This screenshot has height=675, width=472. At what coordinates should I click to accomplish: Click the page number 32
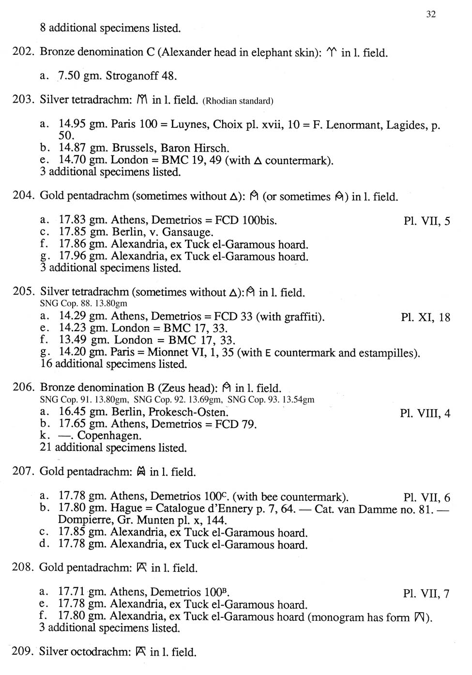click(x=431, y=14)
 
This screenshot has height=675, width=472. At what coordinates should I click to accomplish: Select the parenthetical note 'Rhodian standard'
click(x=238, y=101)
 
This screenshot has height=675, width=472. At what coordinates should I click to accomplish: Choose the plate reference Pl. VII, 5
click(x=426, y=221)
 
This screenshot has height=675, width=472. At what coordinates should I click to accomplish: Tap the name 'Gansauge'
click(x=187, y=232)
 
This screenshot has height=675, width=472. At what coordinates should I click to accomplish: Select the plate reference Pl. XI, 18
click(x=426, y=318)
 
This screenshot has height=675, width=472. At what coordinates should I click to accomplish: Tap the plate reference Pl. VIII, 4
click(x=425, y=414)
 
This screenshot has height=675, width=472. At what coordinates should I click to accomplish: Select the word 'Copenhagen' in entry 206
click(x=109, y=436)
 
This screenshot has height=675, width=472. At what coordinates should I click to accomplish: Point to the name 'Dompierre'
click(x=84, y=521)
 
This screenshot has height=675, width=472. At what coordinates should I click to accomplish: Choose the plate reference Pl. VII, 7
click(x=426, y=594)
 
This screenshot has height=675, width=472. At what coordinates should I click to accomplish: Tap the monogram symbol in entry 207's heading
click(x=141, y=472)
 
